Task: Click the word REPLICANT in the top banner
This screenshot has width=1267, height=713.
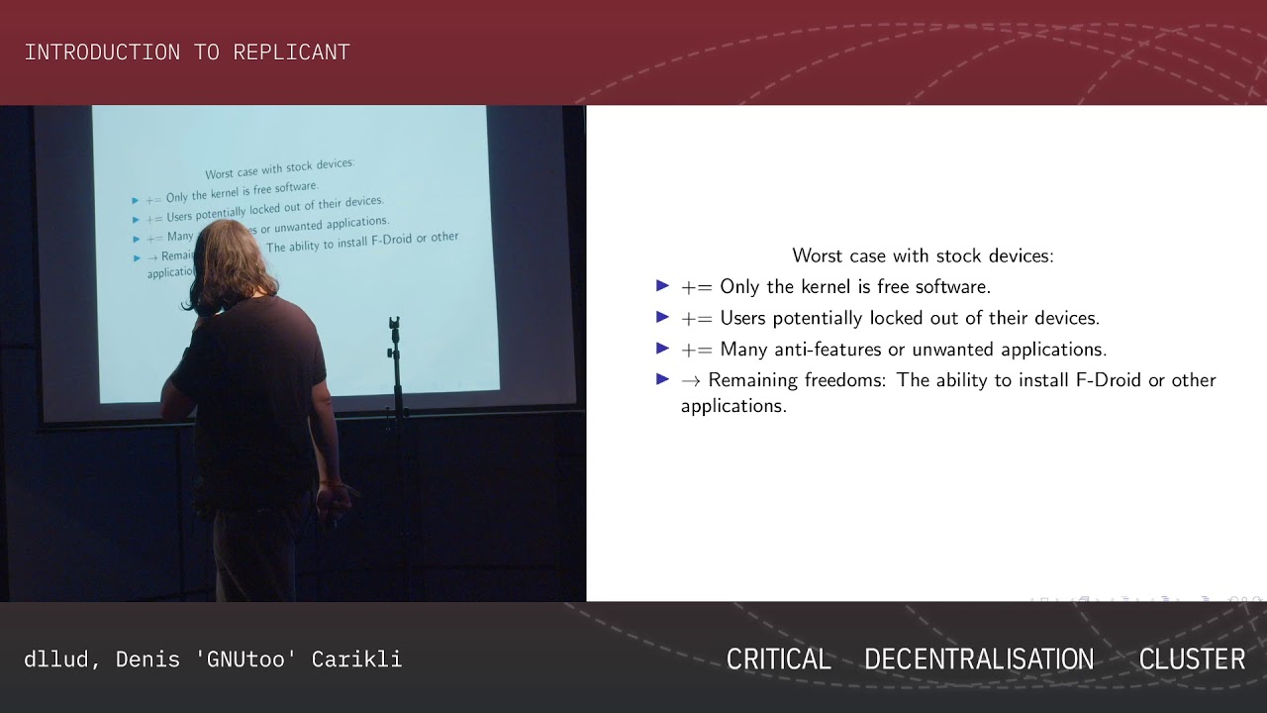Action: point(291,52)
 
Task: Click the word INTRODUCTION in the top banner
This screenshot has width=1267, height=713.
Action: point(107,52)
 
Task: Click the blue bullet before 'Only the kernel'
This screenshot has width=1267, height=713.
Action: point(662,286)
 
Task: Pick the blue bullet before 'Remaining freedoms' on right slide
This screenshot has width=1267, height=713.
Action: point(662,379)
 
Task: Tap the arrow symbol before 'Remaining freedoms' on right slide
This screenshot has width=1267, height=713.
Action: point(691,380)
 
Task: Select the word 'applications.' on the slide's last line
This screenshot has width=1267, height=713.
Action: point(733,406)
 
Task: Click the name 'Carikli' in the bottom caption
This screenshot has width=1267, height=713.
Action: point(356,660)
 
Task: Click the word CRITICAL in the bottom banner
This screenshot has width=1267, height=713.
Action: point(778,660)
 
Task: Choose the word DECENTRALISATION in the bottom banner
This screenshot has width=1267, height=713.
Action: point(979,660)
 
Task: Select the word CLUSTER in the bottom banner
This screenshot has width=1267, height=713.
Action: point(1192,660)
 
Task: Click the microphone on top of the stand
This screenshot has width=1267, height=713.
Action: point(394,325)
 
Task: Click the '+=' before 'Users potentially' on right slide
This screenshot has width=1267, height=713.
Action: point(697,319)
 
